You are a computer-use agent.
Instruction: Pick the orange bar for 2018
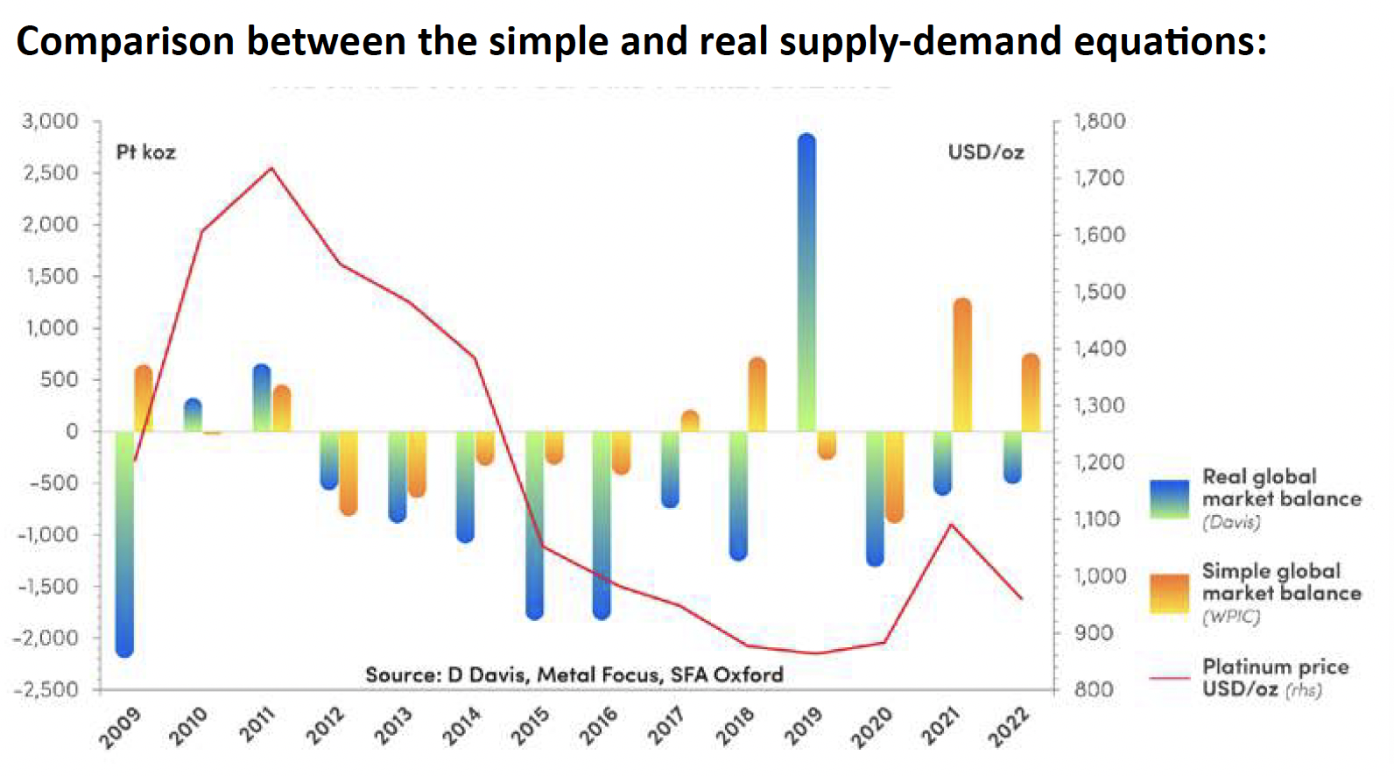pos(757,394)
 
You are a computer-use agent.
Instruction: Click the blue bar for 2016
pos(602,526)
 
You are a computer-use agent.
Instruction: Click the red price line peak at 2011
pos(271,167)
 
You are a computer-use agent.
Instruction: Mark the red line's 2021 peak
pos(952,525)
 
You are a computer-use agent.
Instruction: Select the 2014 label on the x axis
pos(461,725)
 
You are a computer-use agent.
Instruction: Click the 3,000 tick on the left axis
pos(50,121)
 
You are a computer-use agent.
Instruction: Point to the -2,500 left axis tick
pos(46,689)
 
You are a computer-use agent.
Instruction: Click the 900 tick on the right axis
pos(1095,632)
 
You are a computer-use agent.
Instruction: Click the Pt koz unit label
pos(146,152)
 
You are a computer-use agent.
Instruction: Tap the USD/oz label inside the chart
pos(986,152)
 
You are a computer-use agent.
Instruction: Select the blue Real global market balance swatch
pos(1170,498)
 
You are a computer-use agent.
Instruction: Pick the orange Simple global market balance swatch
pos(1170,593)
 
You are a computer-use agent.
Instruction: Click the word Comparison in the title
pos(125,41)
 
